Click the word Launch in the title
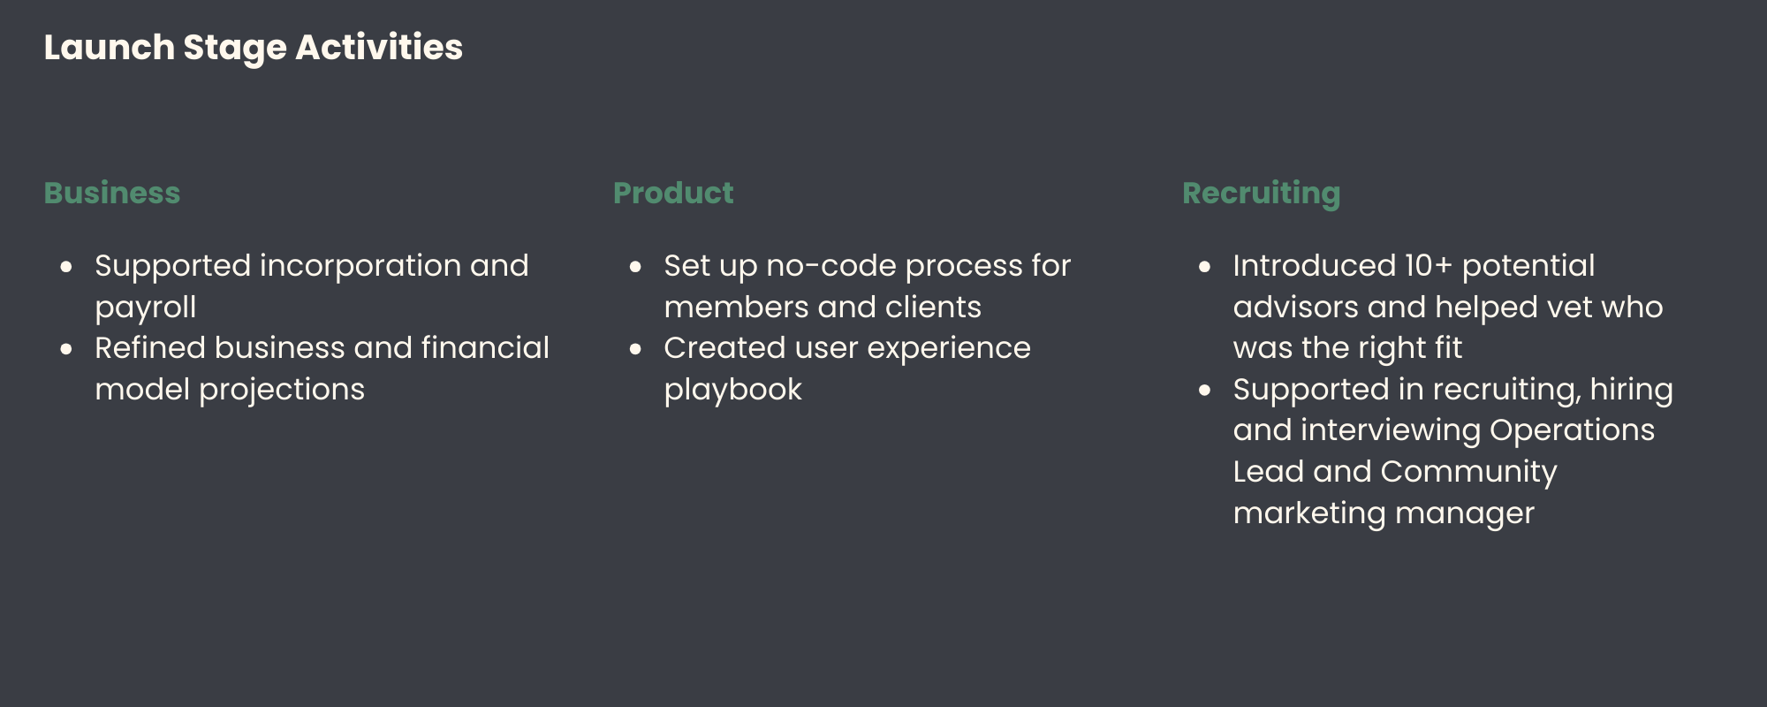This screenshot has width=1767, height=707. point(110,48)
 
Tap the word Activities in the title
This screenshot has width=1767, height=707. point(379,48)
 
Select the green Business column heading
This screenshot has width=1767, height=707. point(112,193)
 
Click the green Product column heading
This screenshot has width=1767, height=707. point(673,193)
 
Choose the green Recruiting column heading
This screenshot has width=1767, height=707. point(1262,194)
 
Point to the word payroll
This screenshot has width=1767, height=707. point(146,308)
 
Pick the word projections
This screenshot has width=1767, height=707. point(282,390)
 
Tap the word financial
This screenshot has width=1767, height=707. point(485,347)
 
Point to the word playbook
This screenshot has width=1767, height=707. point(733,390)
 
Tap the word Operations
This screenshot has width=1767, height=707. point(1573,430)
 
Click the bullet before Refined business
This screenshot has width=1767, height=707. point(66,349)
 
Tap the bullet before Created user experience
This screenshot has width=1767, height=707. point(635,349)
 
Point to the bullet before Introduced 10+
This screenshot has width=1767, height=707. point(1204,267)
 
